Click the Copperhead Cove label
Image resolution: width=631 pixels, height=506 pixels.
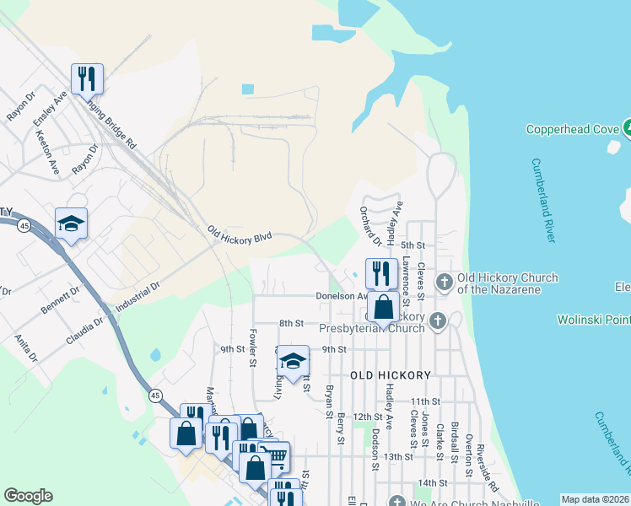point(573,129)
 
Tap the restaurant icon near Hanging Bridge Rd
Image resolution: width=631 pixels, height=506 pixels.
point(87,79)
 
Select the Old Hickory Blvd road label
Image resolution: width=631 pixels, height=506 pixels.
point(240,234)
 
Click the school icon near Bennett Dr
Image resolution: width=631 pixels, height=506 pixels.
point(72,223)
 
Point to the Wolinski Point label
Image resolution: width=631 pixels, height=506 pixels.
point(594,320)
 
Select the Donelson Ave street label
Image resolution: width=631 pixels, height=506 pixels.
point(340,296)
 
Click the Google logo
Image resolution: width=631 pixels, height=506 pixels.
point(28,496)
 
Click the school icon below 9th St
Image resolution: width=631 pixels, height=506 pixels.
point(293,362)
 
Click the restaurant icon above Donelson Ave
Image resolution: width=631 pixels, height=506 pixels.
point(381,272)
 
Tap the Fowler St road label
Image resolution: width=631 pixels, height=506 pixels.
point(252,348)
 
